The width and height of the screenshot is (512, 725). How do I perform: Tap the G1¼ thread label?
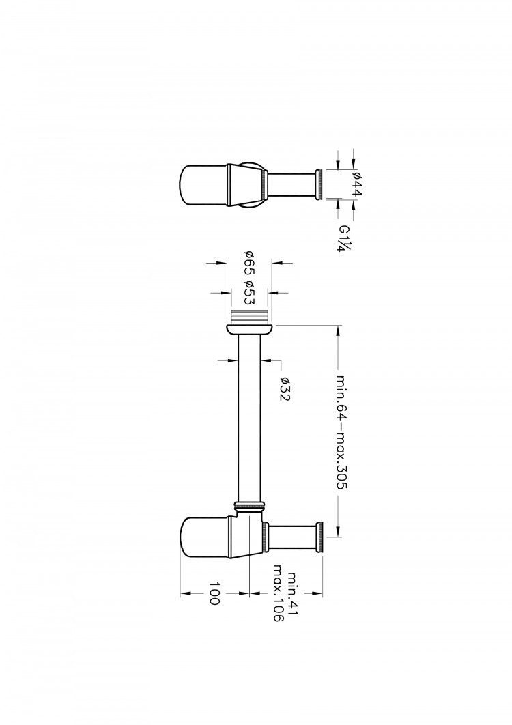point(346,238)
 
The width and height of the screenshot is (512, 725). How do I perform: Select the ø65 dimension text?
point(249,264)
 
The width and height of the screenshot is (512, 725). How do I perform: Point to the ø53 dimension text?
point(249,293)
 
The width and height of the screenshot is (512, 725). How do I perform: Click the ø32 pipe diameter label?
point(285,389)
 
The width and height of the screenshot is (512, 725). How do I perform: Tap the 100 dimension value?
point(214,593)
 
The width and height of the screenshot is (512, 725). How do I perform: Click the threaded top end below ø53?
point(248,316)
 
